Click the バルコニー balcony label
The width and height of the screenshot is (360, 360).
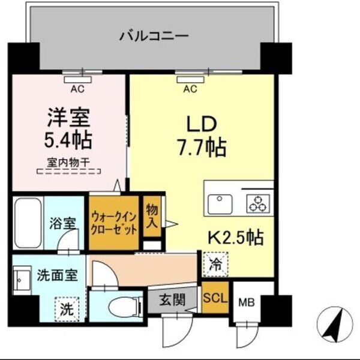(x=154, y=35)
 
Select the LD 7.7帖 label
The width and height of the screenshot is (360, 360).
(x=204, y=135)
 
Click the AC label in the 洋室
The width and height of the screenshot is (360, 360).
(x=76, y=90)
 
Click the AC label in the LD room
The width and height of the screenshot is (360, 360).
(x=190, y=90)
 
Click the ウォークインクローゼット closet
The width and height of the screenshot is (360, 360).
(x=113, y=222)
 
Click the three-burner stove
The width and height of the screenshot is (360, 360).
(x=259, y=203)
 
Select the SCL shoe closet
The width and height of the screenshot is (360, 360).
(x=214, y=298)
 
